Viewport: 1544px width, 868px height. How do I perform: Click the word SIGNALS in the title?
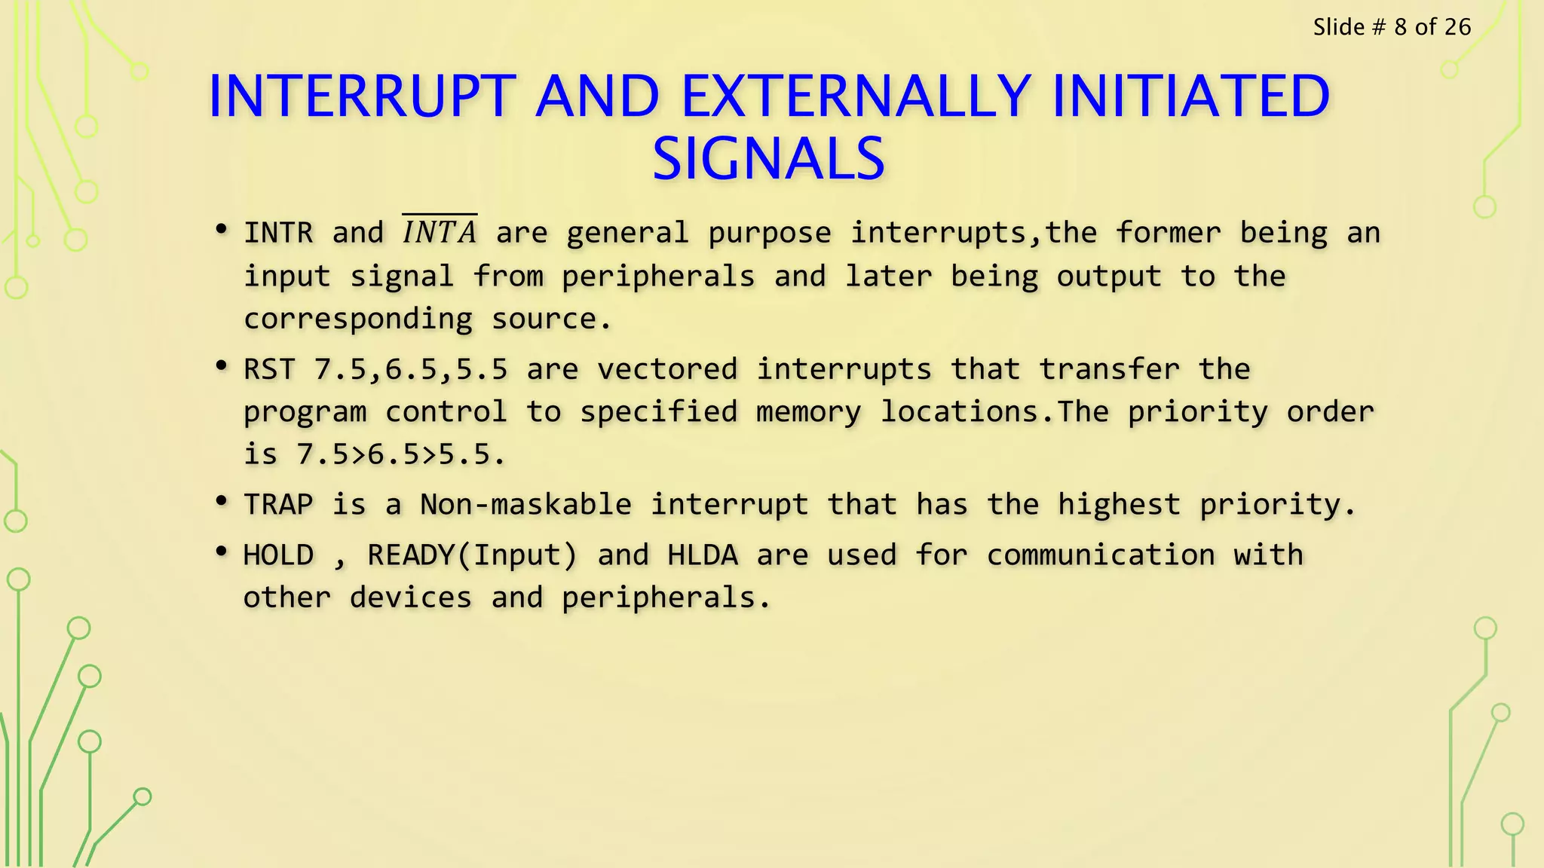(768, 159)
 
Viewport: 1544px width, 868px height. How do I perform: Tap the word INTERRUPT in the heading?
(362, 96)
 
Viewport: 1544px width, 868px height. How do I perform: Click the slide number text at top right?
(1392, 27)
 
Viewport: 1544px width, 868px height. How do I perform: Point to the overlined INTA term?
(440, 231)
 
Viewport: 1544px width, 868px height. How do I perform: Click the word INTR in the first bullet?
(278, 233)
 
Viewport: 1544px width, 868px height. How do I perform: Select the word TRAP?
(278, 504)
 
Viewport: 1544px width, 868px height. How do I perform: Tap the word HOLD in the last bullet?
(278, 555)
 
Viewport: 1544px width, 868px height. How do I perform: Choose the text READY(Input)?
(473, 555)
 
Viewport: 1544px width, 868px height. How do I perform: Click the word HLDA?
(703, 555)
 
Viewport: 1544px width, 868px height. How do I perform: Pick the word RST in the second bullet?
(269, 369)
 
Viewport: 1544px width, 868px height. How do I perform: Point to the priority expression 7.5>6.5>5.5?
(400, 454)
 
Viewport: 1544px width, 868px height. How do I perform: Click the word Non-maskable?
(525, 504)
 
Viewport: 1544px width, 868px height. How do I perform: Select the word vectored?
(667, 369)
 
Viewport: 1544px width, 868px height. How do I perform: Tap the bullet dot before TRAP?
(221, 501)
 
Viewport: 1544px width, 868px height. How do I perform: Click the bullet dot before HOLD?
(221, 552)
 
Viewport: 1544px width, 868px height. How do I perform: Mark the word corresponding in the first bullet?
(358, 319)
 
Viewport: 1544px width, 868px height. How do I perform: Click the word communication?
(1101, 555)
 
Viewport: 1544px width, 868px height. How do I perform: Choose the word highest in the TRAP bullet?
(1119, 504)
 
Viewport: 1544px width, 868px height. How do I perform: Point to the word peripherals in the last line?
(658, 598)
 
